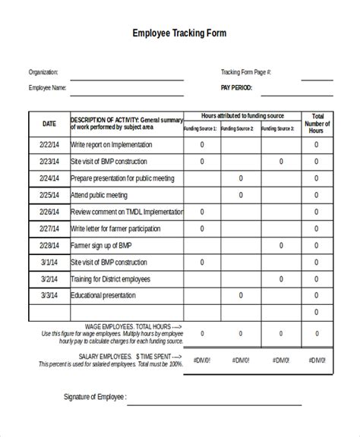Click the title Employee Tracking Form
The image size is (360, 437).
(x=179, y=33)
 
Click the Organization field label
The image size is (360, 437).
(x=43, y=73)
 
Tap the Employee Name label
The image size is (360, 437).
(x=48, y=88)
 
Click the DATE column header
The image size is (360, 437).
(x=49, y=123)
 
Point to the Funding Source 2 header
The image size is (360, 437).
(x=241, y=129)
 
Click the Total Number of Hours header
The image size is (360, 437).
(x=317, y=124)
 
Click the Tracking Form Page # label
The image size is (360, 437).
(x=245, y=73)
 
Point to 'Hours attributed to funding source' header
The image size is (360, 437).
(x=242, y=116)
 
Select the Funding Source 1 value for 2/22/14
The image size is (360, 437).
(x=202, y=144)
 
